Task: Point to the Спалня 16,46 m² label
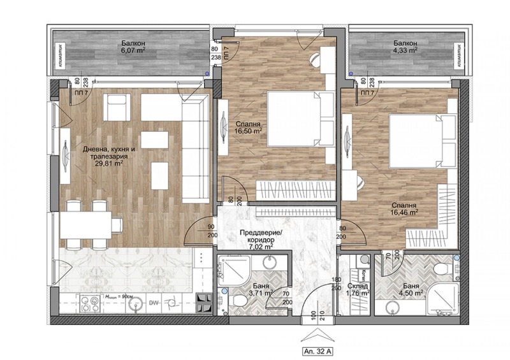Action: tap(405, 210)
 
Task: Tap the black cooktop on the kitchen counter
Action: tap(205, 303)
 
